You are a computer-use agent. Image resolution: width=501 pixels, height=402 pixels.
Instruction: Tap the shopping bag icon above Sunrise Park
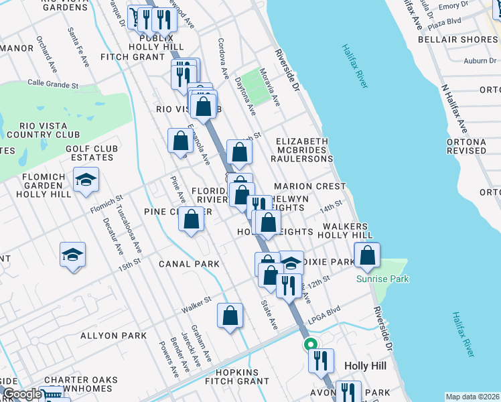pos(367,255)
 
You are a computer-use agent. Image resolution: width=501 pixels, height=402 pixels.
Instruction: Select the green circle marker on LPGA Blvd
pos(311,344)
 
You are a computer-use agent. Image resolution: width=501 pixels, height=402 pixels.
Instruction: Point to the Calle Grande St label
pos(53,85)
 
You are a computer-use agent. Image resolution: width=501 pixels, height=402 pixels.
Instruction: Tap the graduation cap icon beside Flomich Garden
pos(86,180)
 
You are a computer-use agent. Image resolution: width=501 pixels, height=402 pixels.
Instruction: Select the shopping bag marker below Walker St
pos(230,316)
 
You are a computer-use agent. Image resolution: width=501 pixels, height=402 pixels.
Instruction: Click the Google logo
pos(22,394)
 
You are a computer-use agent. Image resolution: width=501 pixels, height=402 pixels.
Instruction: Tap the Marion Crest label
pos(309,186)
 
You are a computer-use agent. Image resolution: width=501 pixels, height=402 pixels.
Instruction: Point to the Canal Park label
pos(189,264)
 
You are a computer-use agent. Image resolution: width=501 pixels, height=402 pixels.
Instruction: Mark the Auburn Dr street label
pos(479,61)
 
